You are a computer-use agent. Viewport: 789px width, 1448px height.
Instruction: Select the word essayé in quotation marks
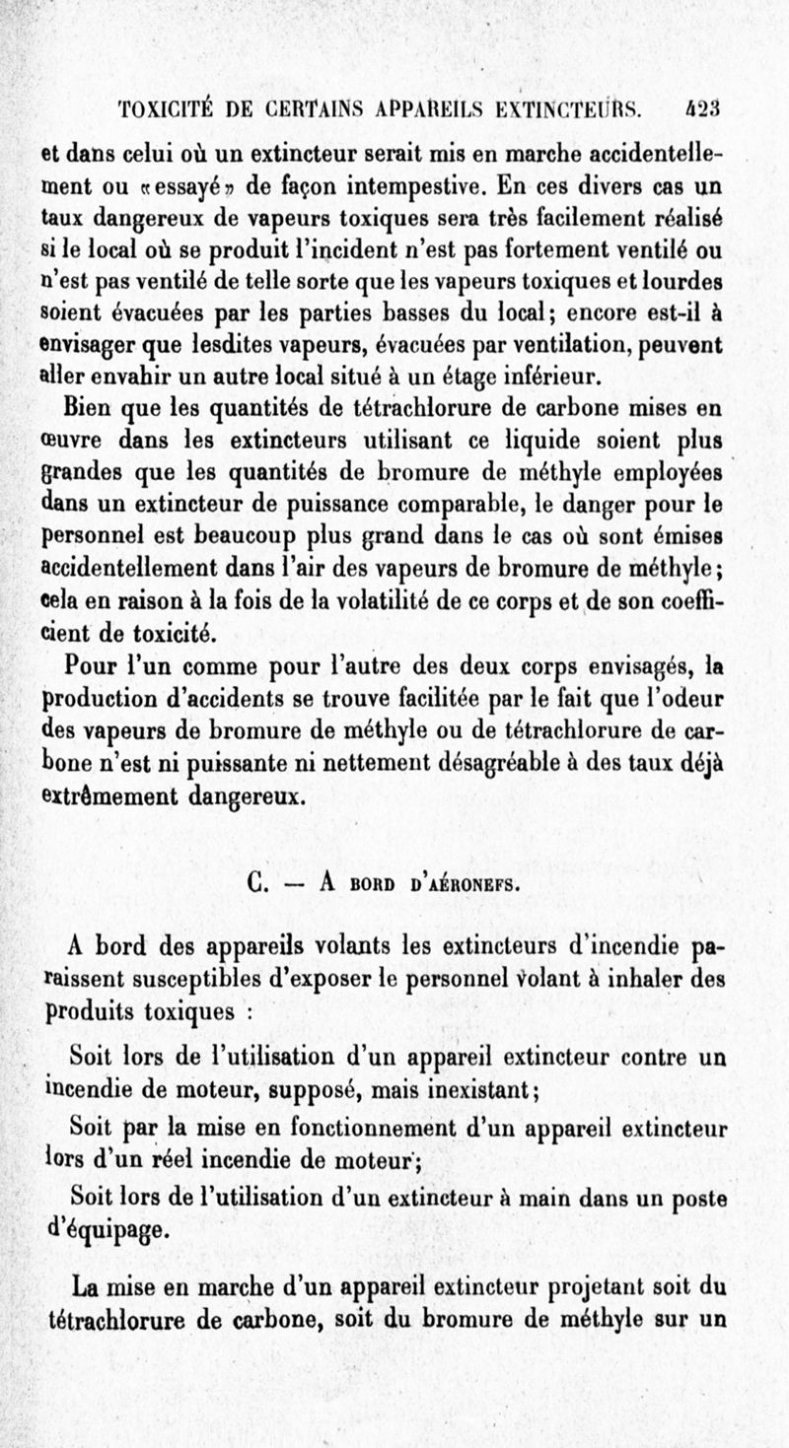tap(183, 184)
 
